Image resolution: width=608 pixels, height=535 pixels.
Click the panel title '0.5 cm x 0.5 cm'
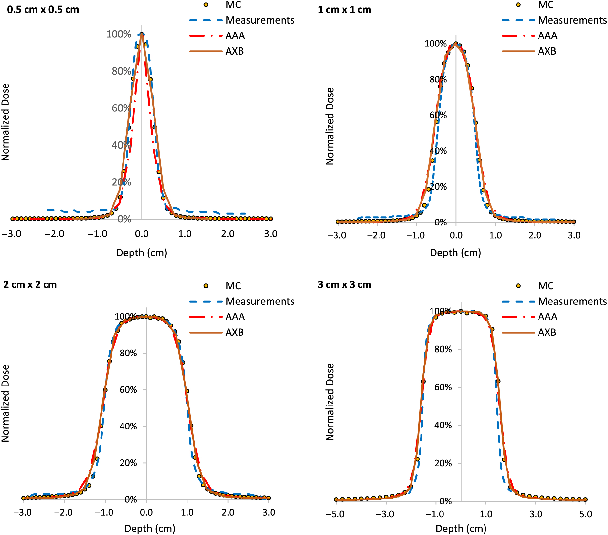(43, 10)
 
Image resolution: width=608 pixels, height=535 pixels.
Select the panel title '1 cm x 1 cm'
(344, 10)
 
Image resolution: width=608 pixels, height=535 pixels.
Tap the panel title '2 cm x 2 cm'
(30, 285)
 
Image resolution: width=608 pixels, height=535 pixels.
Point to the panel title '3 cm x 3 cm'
(344, 285)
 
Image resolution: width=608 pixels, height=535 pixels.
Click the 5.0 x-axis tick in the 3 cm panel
(585, 514)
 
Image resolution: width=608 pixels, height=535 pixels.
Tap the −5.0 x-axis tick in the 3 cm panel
(335, 514)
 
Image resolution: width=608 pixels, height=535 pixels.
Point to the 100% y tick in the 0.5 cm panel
(119, 34)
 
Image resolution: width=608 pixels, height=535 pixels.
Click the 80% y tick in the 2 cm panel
(128, 353)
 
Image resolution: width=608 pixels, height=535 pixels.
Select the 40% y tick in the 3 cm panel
(443, 425)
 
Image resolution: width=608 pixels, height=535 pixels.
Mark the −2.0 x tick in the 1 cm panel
(376, 235)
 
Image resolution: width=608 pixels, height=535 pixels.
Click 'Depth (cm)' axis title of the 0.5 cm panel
(142, 253)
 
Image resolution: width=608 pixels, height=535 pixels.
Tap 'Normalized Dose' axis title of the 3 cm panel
(330, 402)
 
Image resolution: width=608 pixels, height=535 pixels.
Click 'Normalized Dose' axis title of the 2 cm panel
(5, 403)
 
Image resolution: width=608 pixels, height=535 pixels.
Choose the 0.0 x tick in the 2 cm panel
(146, 512)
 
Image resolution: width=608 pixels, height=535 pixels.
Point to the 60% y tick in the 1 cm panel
(438, 115)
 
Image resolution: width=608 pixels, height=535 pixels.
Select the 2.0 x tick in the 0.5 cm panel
(228, 234)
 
